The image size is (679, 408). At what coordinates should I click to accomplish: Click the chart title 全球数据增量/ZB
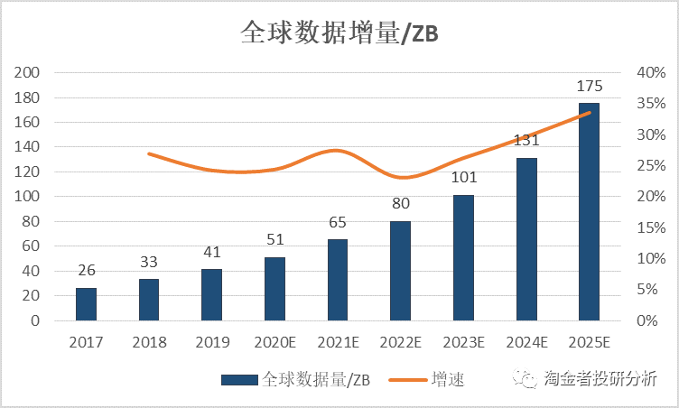click(x=339, y=33)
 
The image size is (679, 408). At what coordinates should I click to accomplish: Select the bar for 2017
click(x=86, y=304)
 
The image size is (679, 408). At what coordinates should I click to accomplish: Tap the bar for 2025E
click(x=589, y=212)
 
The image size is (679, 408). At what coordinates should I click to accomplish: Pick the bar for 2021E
click(x=338, y=280)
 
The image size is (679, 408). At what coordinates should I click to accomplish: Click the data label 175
click(x=589, y=87)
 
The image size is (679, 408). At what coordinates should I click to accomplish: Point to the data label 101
click(x=463, y=179)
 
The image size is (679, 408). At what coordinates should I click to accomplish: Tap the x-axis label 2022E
click(x=400, y=342)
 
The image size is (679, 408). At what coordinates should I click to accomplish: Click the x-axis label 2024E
click(x=526, y=342)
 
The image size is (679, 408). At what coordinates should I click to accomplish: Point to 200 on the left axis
click(x=30, y=72)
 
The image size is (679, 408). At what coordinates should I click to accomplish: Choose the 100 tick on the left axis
click(x=30, y=197)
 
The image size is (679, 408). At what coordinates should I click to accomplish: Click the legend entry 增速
click(x=448, y=380)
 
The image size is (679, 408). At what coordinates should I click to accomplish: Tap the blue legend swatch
click(x=239, y=380)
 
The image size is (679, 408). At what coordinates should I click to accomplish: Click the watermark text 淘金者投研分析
click(x=600, y=379)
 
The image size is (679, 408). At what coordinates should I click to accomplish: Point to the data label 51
click(x=274, y=240)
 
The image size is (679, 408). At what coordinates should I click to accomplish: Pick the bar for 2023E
click(x=463, y=257)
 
